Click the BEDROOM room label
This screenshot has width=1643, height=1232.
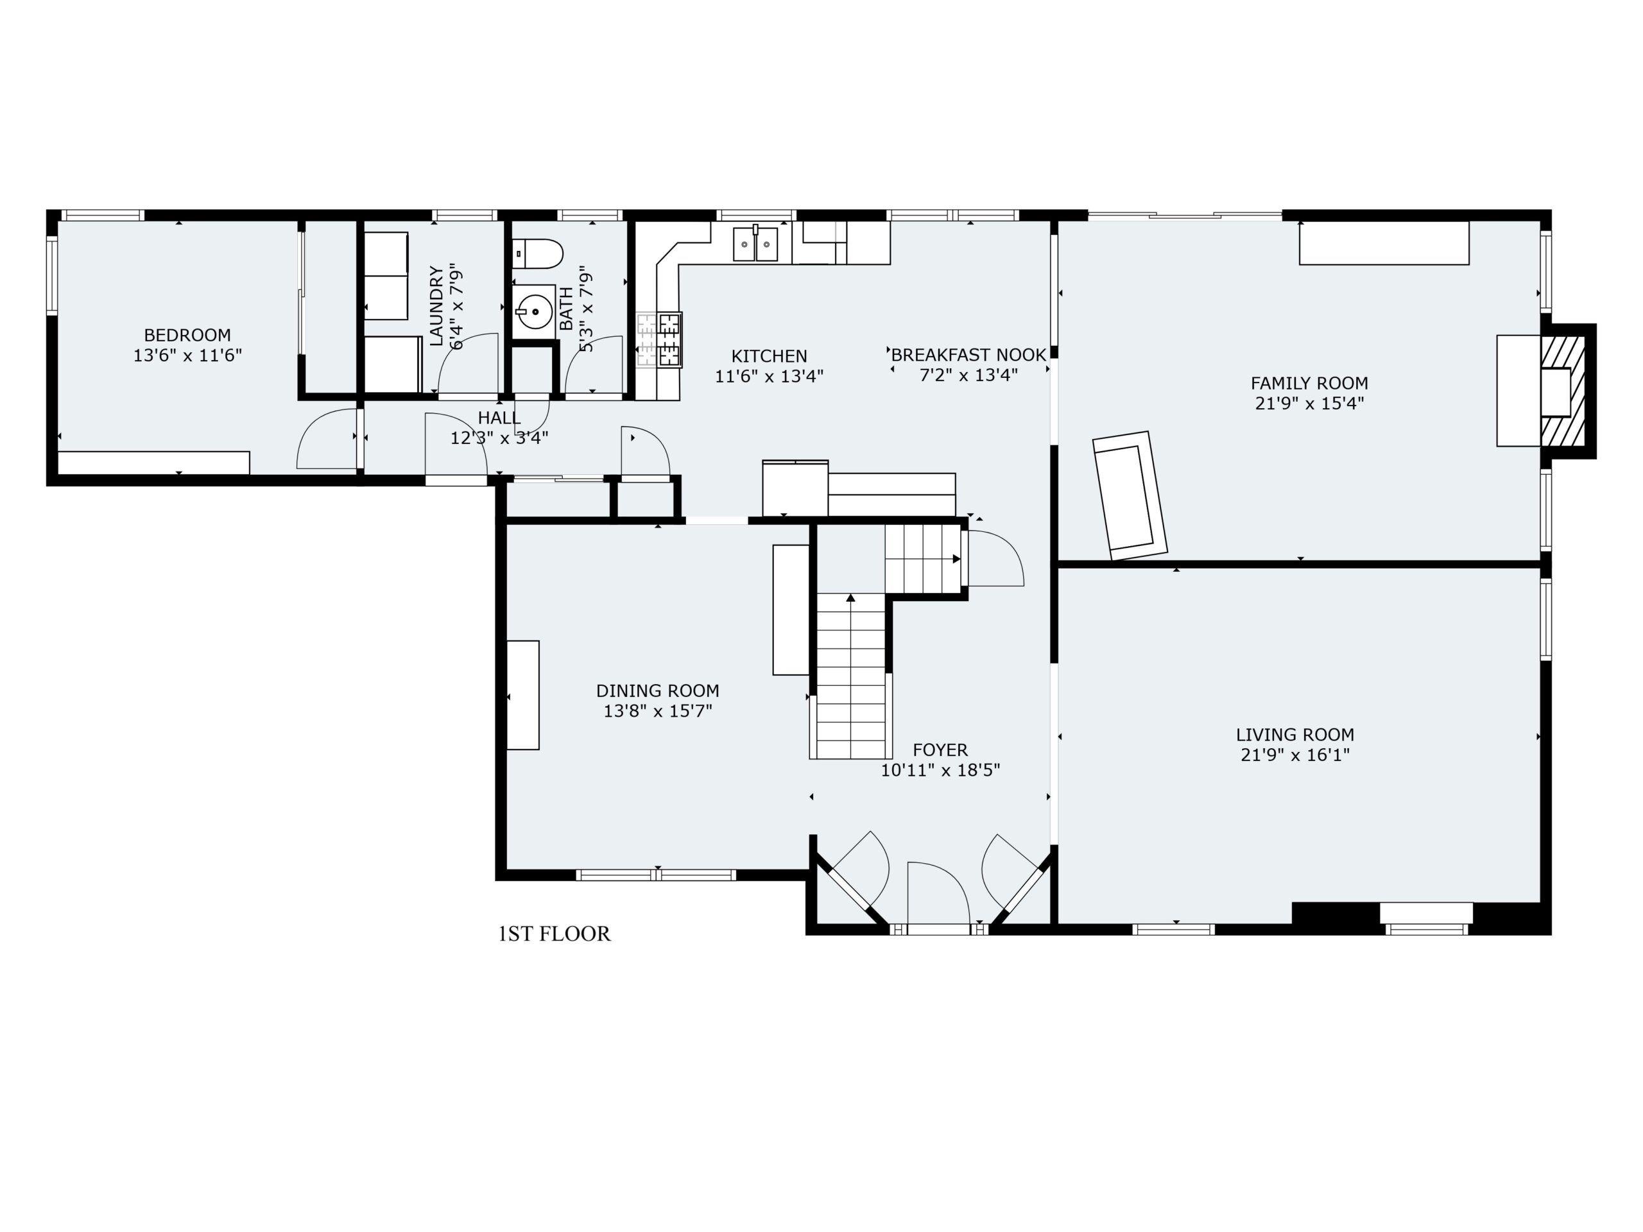[x=187, y=335]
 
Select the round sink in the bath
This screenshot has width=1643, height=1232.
[x=534, y=312]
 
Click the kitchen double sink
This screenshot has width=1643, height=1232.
[x=755, y=244]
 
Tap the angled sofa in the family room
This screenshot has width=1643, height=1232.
[x=1129, y=495]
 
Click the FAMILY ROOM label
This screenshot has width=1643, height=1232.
[x=1309, y=383]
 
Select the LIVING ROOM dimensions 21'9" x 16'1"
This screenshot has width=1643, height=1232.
[x=1295, y=755]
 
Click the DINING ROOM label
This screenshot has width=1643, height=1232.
[x=657, y=690]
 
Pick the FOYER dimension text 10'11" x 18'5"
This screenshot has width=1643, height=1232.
[x=940, y=770]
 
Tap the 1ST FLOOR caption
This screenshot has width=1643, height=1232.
[x=554, y=934]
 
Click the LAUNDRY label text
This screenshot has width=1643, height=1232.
[x=436, y=306]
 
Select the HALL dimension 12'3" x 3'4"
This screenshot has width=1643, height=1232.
[x=499, y=438]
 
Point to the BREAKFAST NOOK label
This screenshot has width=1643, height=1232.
[x=968, y=355]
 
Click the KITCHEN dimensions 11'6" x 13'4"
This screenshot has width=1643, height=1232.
[x=769, y=377]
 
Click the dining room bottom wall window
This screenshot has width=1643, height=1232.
[x=656, y=875]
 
